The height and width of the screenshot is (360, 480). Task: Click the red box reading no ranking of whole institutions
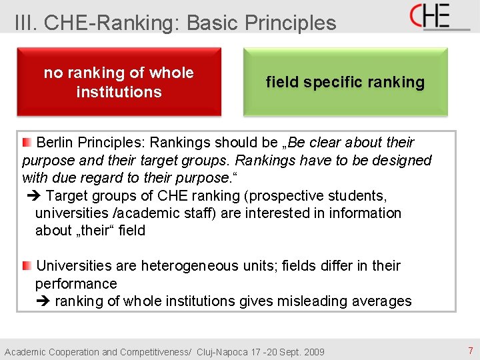click(119, 82)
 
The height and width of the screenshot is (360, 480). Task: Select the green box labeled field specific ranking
click(345, 82)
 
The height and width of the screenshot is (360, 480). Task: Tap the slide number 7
click(470, 351)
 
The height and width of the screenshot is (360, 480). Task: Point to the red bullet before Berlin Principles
click(26, 142)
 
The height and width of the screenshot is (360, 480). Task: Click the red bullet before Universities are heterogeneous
click(26, 265)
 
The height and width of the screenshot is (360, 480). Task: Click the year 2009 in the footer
click(313, 352)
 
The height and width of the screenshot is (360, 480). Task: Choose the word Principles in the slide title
click(291, 23)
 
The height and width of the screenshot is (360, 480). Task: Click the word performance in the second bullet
click(76, 284)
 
